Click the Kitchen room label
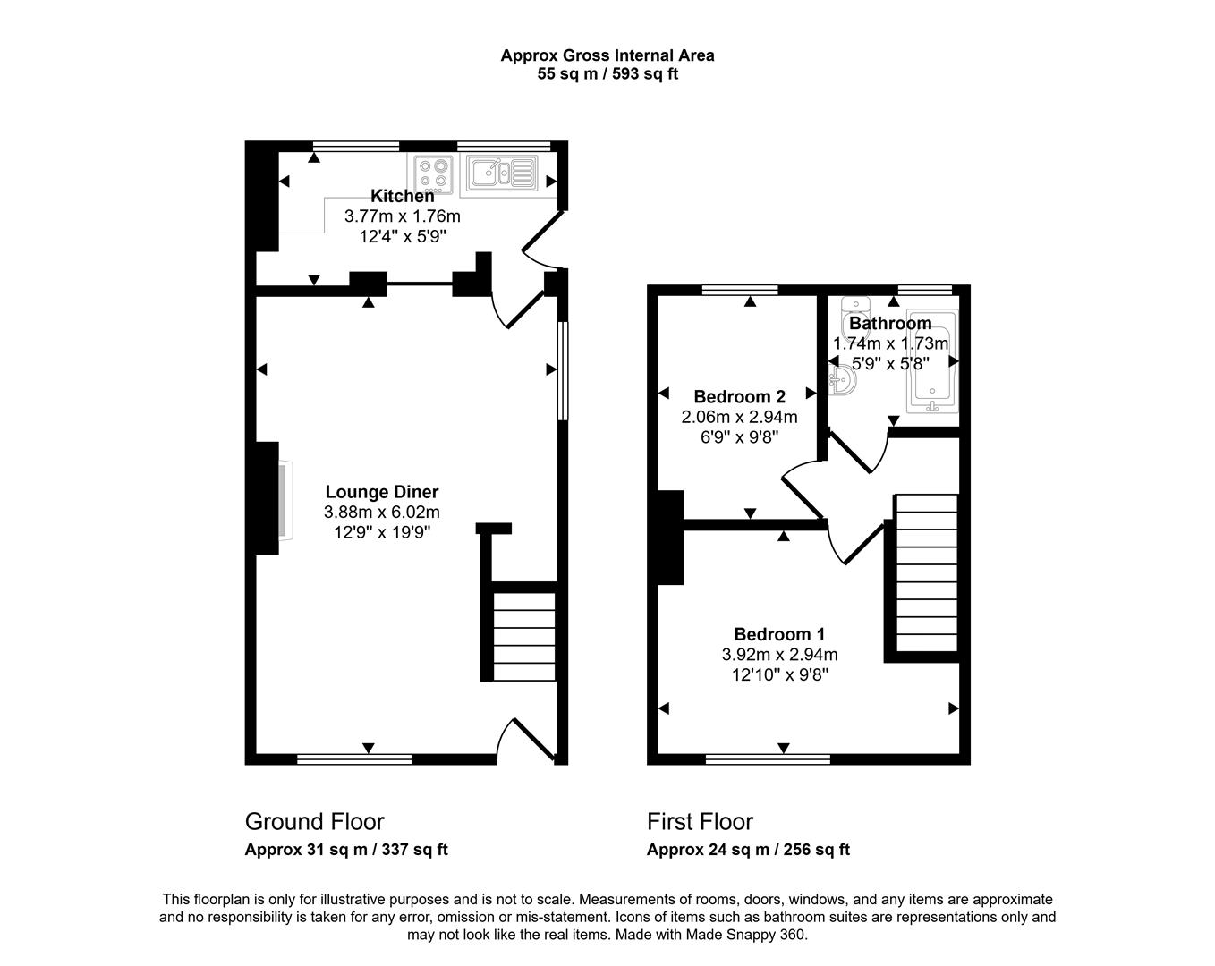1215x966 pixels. click(x=402, y=196)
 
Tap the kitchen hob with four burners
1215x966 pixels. click(x=433, y=174)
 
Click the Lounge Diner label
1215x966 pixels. click(x=382, y=492)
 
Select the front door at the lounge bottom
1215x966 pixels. click(x=529, y=739)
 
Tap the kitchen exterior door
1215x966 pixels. click(x=540, y=241)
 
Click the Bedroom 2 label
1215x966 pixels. click(x=739, y=396)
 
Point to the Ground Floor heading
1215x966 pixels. click(x=314, y=821)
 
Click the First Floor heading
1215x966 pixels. click(x=700, y=821)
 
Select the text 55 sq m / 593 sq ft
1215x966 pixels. click(x=607, y=74)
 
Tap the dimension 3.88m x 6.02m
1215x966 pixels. click(x=382, y=513)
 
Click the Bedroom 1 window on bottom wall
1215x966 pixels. click(x=768, y=760)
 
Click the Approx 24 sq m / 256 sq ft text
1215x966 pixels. click(x=748, y=850)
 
